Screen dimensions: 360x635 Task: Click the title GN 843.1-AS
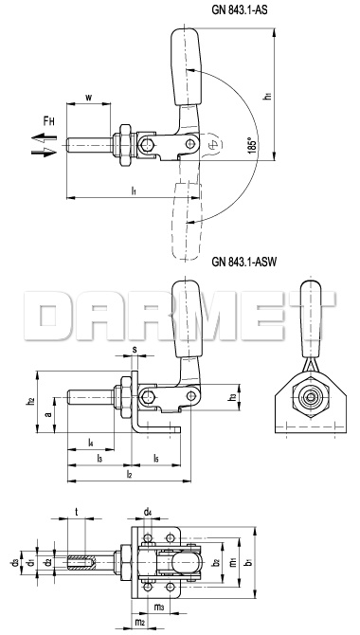click(x=240, y=10)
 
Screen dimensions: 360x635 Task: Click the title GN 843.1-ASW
click(x=243, y=262)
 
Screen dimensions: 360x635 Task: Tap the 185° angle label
click(x=252, y=145)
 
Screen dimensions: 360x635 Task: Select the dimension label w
click(x=88, y=98)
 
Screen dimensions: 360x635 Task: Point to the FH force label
click(x=49, y=120)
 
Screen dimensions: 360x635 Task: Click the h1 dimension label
click(x=267, y=97)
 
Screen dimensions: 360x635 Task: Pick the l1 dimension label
click(x=134, y=190)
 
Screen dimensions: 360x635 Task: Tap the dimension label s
click(x=134, y=350)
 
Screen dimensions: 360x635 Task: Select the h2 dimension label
click(x=29, y=401)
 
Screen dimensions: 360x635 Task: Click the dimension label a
click(x=47, y=415)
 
